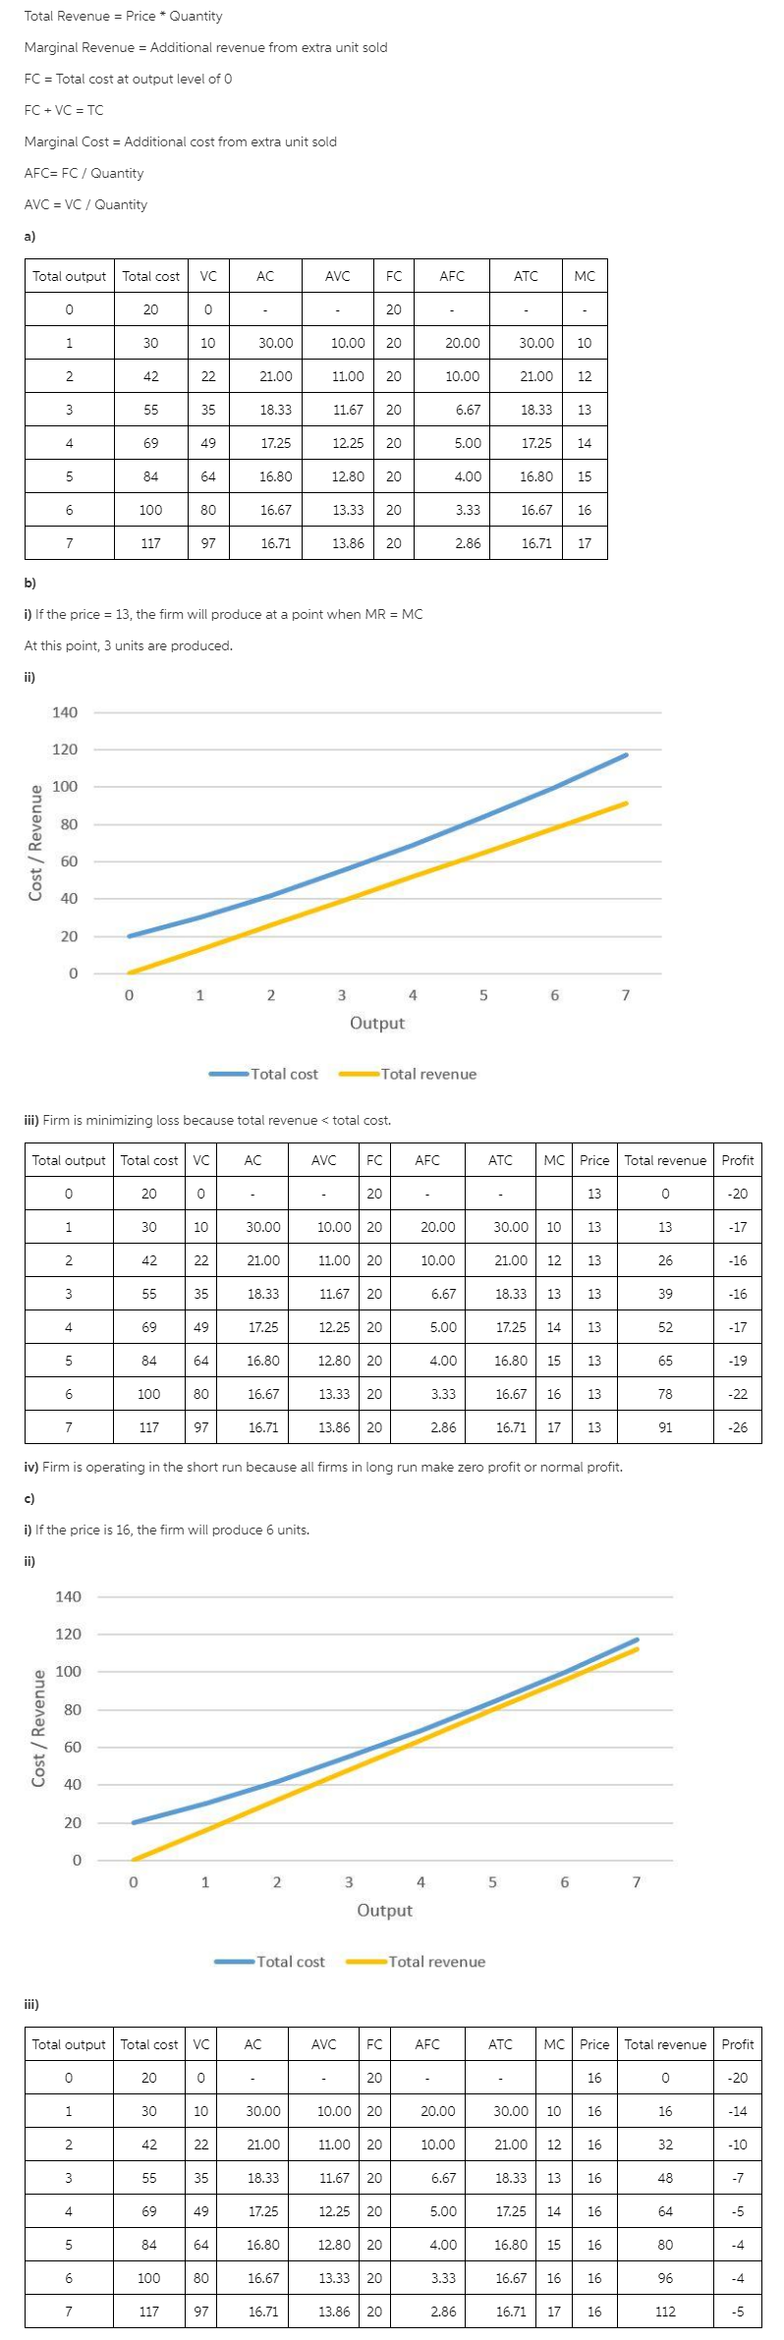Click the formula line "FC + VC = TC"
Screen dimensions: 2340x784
click(x=64, y=110)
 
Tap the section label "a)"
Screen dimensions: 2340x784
click(x=29, y=236)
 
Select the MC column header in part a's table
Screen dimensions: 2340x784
click(x=585, y=276)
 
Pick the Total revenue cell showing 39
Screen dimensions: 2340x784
click(x=665, y=1294)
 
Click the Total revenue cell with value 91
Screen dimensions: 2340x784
click(x=665, y=1427)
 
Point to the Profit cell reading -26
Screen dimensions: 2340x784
click(x=738, y=1427)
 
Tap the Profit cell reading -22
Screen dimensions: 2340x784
click(x=738, y=1394)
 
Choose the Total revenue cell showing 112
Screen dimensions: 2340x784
click(x=665, y=2312)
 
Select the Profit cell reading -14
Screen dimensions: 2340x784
click(x=738, y=2111)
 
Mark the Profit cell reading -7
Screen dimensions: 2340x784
click(x=738, y=2178)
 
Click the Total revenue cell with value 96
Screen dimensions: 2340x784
click(x=665, y=2278)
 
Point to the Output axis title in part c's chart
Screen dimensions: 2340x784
click(x=384, y=1911)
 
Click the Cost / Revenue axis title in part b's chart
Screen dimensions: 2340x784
click(x=36, y=842)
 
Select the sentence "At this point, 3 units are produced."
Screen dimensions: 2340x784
click(x=128, y=645)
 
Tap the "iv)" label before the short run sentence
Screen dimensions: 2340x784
click(x=30, y=1467)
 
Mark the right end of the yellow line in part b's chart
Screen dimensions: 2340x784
click(x=626, y=804)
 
